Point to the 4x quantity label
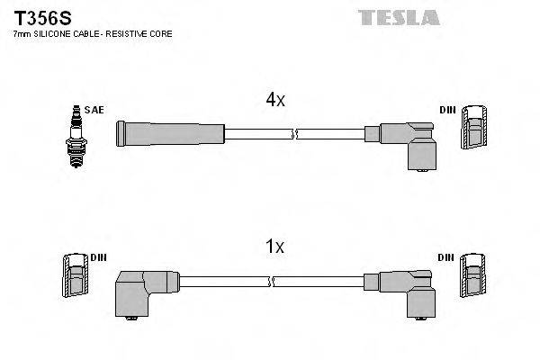[275, 101]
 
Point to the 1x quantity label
[275, 246]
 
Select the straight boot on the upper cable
[169, 134]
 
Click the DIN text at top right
[447, 110]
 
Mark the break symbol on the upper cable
[293, 135]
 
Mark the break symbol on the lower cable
[270, 283]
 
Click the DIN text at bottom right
[447, 257]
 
